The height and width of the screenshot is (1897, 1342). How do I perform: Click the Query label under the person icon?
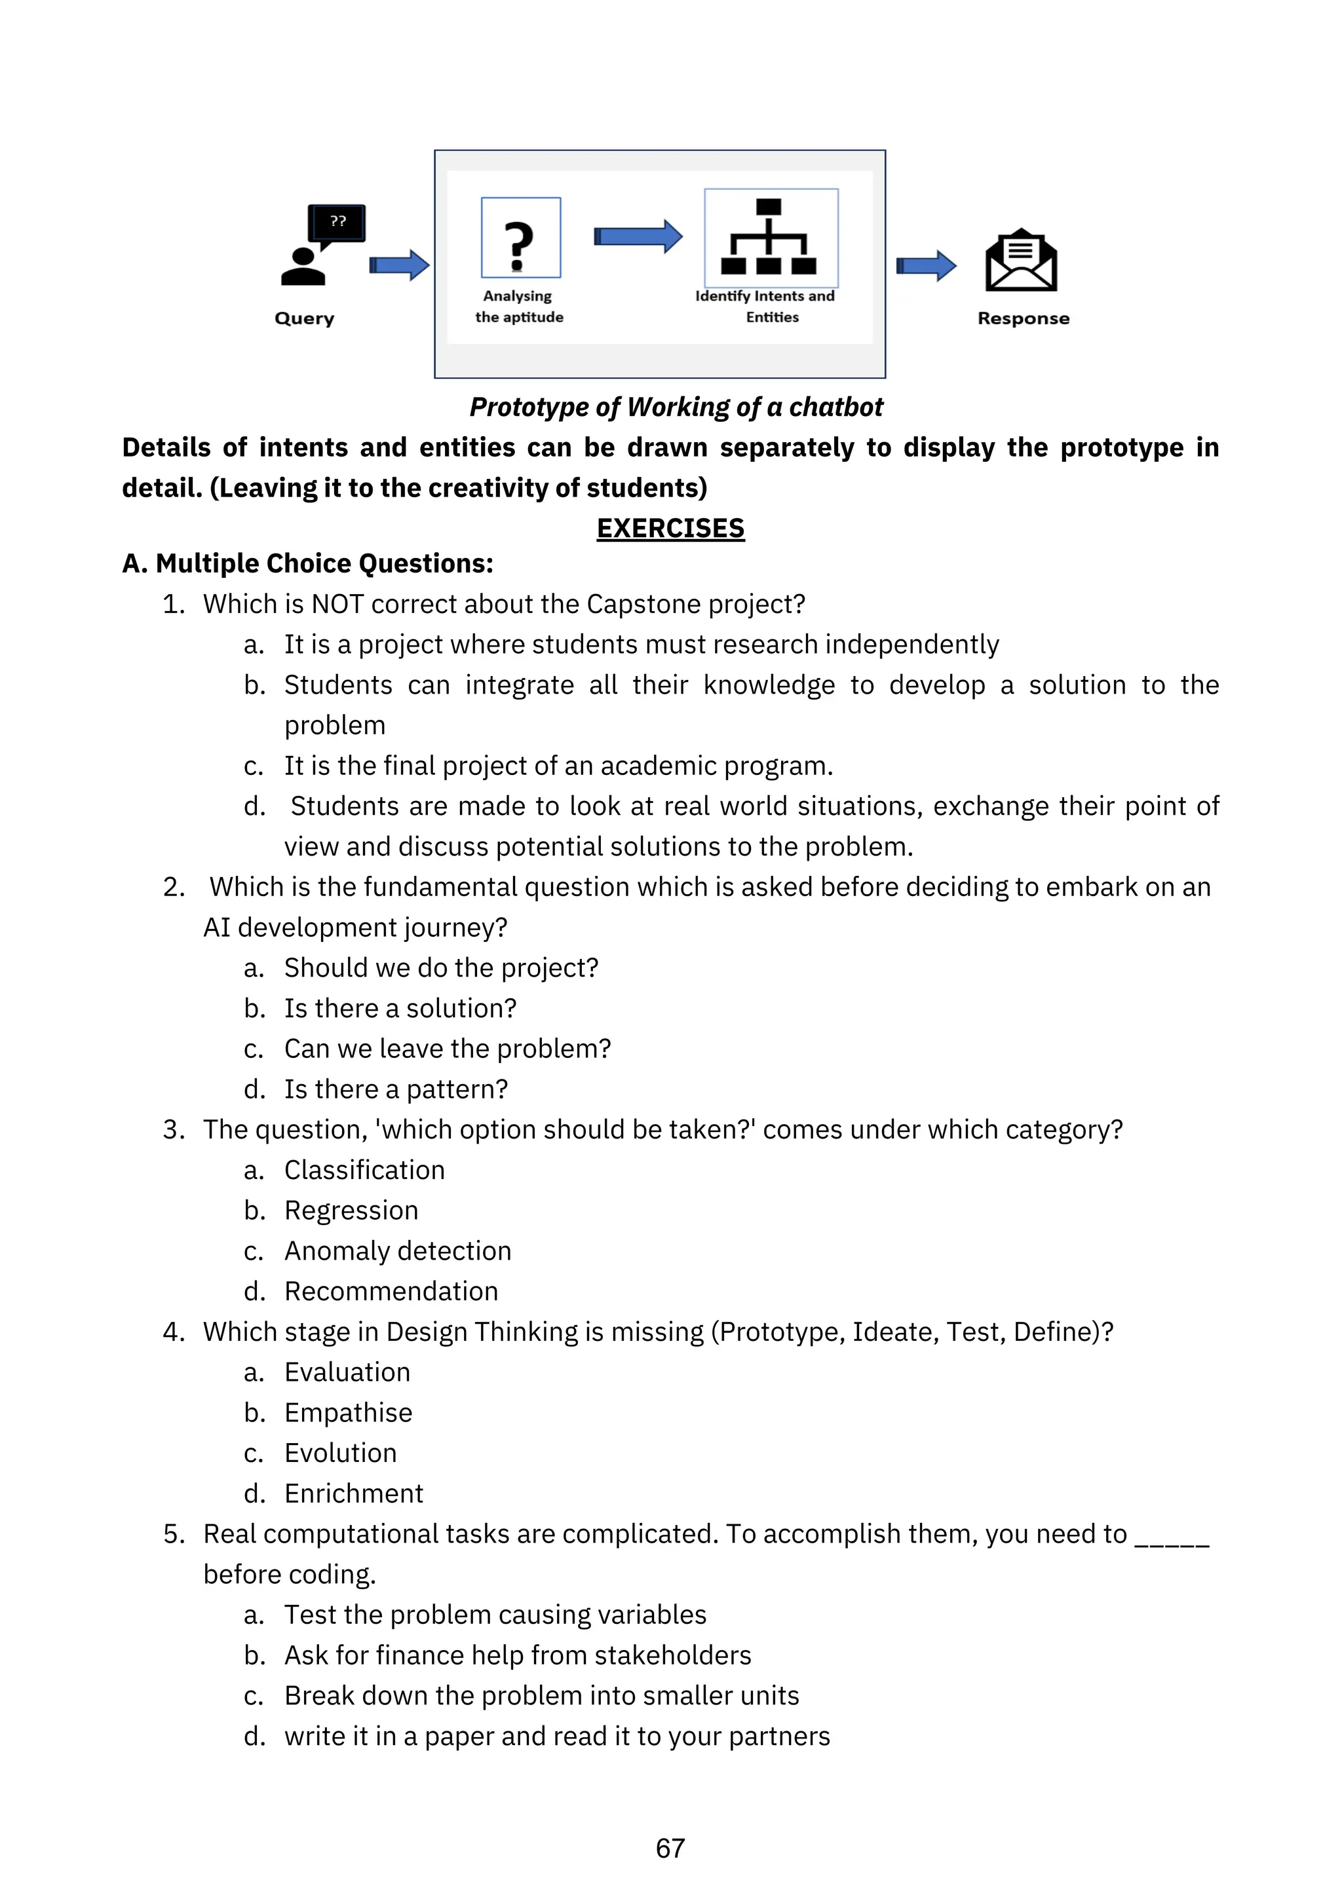click(304, 318)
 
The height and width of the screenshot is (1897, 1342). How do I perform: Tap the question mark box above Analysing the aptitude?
click(520, 237)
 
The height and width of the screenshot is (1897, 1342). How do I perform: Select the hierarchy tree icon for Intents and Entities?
click(769, 237)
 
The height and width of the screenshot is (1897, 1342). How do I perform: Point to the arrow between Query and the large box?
click(399, 265)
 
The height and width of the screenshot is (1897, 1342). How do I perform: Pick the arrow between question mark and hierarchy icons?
click(638, 237)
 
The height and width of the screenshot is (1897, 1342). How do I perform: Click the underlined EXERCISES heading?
click(670, 528)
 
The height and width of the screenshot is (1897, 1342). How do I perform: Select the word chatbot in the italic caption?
click(835, 407)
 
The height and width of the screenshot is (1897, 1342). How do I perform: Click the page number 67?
click(670, 1849)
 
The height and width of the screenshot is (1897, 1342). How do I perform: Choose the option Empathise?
click(348, 1413)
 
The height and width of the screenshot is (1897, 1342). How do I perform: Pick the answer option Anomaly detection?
click(398, 1251)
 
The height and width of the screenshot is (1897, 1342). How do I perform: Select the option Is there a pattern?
click(396, 1089)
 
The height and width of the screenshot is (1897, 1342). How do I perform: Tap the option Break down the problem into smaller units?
click(541, 1695)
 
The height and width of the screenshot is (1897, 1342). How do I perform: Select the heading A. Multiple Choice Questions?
click(307, 563)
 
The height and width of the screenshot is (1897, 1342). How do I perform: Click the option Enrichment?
click(354, 1493)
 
